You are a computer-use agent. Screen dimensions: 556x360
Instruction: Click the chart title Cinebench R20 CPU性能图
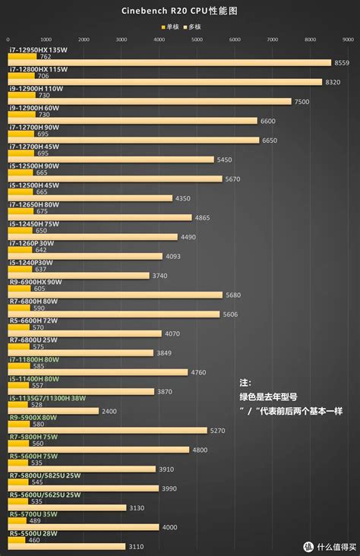click(x=179, y=12)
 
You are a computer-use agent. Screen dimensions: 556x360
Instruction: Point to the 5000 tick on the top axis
click(x=197, y=39)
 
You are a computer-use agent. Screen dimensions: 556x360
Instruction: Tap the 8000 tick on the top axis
click(x=310, y=39)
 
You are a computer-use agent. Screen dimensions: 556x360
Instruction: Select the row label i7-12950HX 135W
click(x=39, y=49)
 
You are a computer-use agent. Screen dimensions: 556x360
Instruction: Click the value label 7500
click(x=302, y=102)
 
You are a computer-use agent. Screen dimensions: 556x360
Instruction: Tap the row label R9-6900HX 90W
click(x=36, y=282)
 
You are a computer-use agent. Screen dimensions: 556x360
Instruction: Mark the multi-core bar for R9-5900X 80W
click(x=107, y=431)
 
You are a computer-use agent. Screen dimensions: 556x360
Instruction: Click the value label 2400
click(x=109, y=412)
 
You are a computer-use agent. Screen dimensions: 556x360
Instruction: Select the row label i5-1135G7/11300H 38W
click(x=48, y=398)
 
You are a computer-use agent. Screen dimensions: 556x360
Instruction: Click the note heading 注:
click(x=245, y=383)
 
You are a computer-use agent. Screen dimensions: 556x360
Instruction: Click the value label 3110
click(x=137, y=547)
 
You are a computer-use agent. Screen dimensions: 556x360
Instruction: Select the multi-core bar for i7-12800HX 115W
click(x=166, y=82)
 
